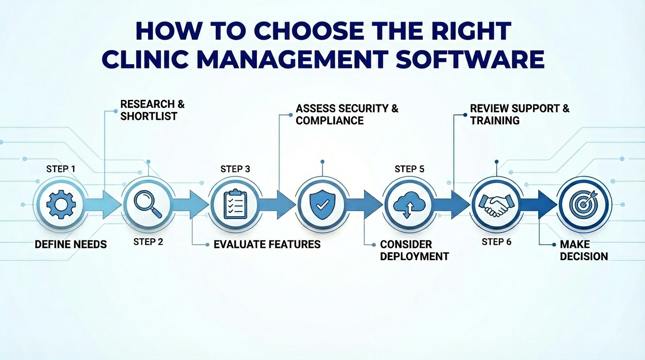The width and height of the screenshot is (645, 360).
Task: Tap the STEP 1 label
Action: [x=61, y=169]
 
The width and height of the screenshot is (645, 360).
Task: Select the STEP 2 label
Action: [x=148, y=242]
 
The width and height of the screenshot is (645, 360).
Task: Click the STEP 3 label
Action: [x=235, y=169]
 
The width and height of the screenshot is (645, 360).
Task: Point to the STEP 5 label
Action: [x=409, y=169]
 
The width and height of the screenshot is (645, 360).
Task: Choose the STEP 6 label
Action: [x=496, y=242]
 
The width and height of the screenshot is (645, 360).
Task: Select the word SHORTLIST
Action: [x=149, y=116]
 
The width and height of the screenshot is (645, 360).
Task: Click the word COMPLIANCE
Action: [x=330, y=120]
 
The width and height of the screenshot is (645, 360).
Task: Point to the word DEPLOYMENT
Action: [x=414, y=256]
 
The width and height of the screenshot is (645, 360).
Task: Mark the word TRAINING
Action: [x=495, y=120]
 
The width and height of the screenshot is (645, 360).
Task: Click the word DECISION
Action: [x=584, y=256]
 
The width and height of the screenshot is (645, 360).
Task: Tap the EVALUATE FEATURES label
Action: [x=267, y=244]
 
